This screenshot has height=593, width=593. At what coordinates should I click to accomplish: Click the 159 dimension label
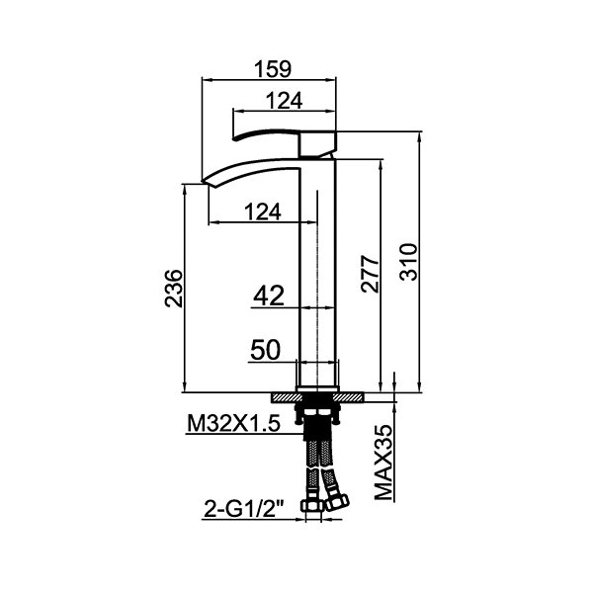point(273,69)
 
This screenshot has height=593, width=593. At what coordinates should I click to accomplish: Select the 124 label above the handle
point(285,101)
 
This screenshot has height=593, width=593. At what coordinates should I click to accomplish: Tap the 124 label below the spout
point(263,212)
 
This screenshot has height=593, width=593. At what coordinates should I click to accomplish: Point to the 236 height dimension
point(174,289)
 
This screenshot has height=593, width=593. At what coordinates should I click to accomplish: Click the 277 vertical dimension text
point(370,274)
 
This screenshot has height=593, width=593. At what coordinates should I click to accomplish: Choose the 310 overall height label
point(409,262)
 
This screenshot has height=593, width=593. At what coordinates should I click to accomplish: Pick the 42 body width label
point(269,296)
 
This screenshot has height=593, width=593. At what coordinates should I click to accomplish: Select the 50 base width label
point(266,350)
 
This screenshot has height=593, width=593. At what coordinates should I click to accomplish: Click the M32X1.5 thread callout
point(233,424)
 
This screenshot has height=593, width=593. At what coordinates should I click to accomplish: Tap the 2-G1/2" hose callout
point(244,509)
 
